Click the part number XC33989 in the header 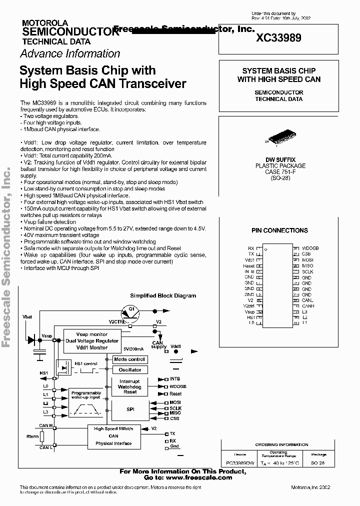(278, 37)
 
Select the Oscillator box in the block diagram (129, 370)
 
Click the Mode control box (129, 359)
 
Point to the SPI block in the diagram (130, 408)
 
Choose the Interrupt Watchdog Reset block (130, 387)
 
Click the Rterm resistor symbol (42, 437)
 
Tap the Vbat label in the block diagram (27, 317)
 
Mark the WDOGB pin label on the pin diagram (310, 248)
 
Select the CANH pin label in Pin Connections (308, 305)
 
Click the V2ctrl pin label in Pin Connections (249, 305)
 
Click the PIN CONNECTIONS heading (279, 230)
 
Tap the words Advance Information (70, 53)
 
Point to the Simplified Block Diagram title (163, 295)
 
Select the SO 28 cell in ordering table (318, 463)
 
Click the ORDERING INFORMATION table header (282, 444)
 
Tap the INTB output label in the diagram (175, 379)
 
